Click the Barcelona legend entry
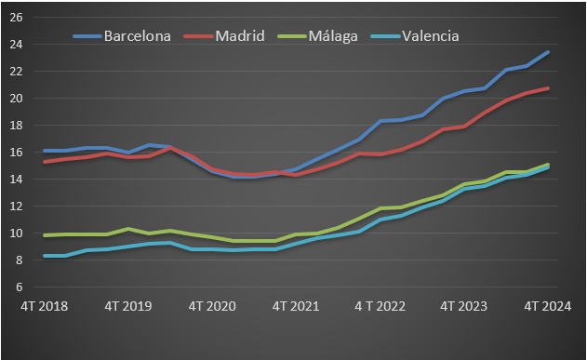136,36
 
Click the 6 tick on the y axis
19,287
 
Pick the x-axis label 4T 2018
44,305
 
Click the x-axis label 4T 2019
127,305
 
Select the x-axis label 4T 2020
211,305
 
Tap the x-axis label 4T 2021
296,305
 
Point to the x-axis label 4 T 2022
380,305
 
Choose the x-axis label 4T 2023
463,305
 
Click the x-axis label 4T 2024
547,305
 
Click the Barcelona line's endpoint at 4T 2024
548,52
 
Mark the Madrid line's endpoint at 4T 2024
548,88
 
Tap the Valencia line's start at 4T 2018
44,256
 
